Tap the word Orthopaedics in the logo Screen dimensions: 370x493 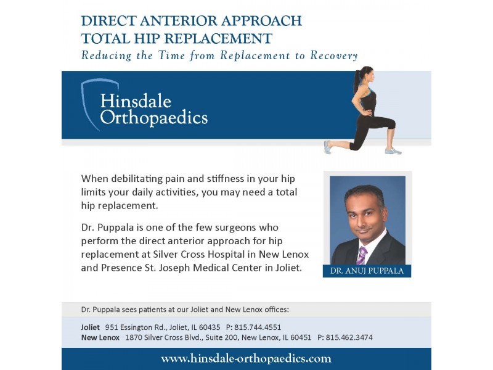coord(153,118)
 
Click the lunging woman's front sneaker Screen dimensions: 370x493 coord(393,150)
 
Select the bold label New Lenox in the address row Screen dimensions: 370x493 coord(100,337)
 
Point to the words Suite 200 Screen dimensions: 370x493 coord(213,337)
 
